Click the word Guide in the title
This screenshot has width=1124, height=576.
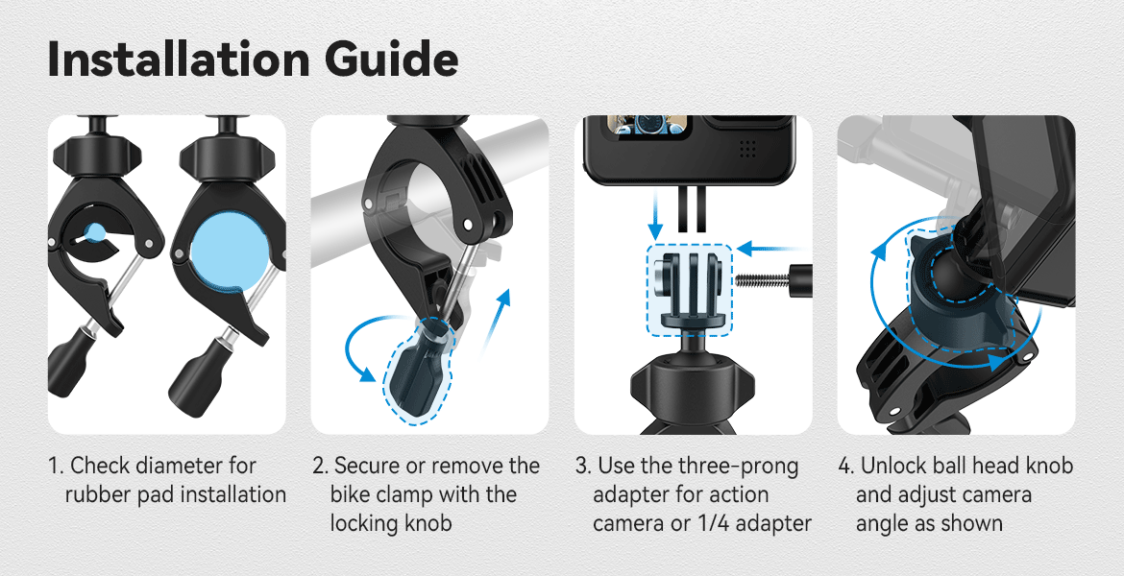[x=391, y=60]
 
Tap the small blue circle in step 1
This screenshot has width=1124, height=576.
[x=95, y=230]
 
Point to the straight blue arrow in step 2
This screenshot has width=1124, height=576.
[x=496, y=322]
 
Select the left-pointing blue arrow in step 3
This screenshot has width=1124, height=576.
[x=769, y=249]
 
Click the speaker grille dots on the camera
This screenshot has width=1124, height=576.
[x=747, y=148]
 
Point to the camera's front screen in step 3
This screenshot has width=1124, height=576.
[x=649, y=126]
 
